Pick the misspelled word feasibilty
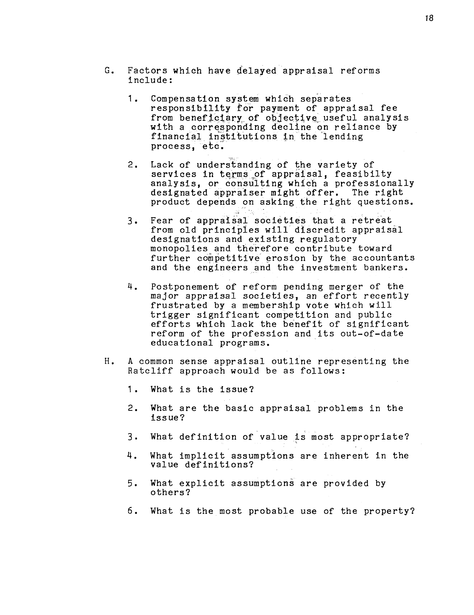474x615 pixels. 363,174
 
